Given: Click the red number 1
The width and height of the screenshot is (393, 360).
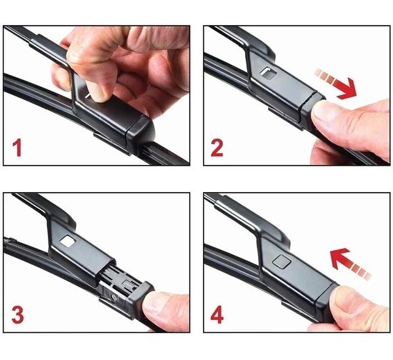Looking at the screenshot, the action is point(17,149).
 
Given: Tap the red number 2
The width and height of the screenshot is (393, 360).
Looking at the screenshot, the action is point(217,149).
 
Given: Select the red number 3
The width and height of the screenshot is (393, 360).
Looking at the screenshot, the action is point(18,315).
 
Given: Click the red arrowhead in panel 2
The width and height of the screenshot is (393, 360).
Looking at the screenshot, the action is point(348,89).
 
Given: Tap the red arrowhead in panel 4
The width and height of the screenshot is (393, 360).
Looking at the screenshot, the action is point(339,258).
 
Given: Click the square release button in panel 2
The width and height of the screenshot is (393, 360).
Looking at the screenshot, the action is point(268,73).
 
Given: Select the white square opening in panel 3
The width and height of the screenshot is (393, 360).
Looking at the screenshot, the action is point(68,241).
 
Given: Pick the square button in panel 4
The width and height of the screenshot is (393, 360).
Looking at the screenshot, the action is point(282,262).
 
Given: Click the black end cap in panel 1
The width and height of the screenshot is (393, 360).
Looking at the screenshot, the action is point(140,134).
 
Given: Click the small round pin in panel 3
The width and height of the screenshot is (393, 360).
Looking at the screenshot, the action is point(114,297).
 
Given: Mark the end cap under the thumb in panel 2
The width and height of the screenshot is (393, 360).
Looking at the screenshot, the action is point(313,110).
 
